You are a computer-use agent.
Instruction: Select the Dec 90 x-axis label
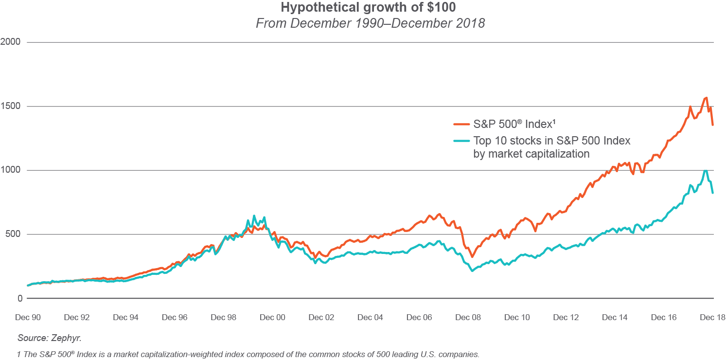(x=28, y=318)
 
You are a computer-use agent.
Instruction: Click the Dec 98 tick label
(x=223, y=318)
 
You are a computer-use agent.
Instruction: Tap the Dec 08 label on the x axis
(x=468, y=318)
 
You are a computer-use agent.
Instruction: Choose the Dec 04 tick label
(x=370, y=318)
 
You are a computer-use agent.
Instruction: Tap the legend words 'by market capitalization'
(x=531, y=154)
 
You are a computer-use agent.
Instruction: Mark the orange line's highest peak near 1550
(x=706, y=98)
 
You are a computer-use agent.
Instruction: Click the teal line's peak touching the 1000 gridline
(x=705, y=171)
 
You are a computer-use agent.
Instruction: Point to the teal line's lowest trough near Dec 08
(x=472, y=270)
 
